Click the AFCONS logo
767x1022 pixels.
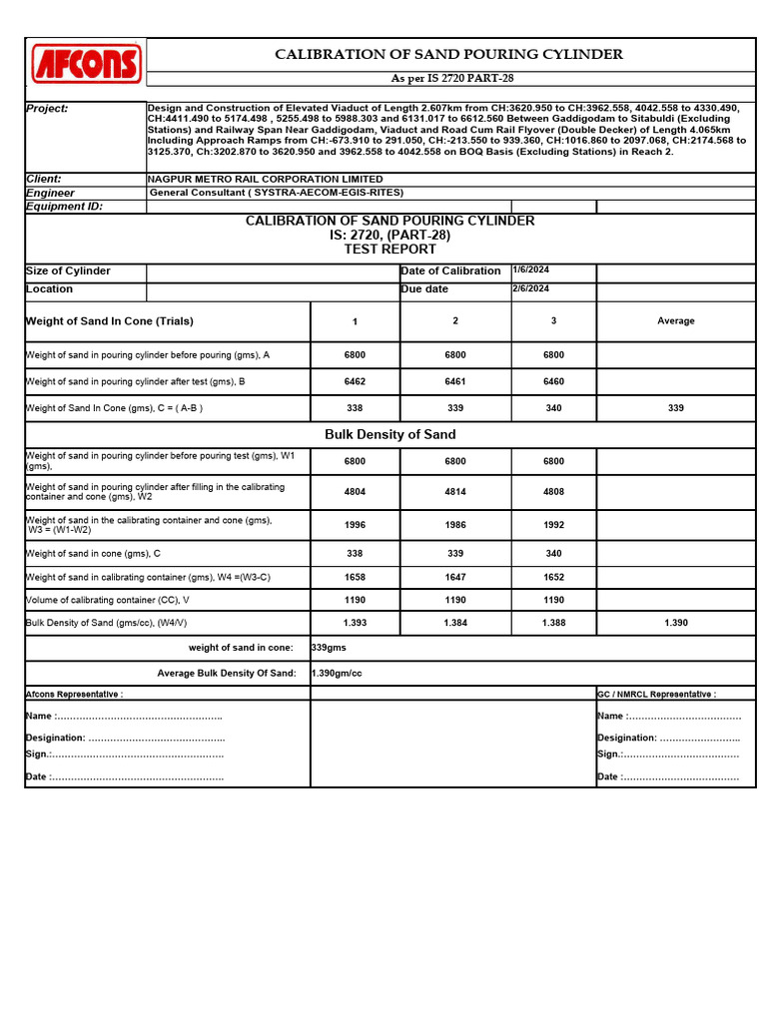(x=87, y=64)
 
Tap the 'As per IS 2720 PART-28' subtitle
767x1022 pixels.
(x=451, y=78)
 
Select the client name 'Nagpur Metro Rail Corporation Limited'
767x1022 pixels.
(x=265, y=179)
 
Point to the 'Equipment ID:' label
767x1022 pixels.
(x=64, y=207)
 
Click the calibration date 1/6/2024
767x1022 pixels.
(x=531, y=270)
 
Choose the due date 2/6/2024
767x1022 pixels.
(x=531, y=288)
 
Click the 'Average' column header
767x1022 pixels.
(x=675, y=321)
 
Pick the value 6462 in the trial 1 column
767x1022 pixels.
(x=355, y=381)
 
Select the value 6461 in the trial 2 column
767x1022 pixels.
(x=455, y=381)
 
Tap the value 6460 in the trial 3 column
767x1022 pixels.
(x=553, y=381)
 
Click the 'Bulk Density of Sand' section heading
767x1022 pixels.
(x=389, y=434)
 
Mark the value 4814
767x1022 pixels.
(x=455, y=492)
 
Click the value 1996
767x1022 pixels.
(x=355, y=525)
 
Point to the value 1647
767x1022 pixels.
(x=455, y=577)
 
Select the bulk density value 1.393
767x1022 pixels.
(x=355, y=623)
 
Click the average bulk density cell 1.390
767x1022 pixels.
(x=675, y=623)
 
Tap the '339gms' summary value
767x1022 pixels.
(x=329, y=648)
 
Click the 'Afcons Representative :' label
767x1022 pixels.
(x=74, y=694)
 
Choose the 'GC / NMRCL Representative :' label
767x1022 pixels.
(x=656, y=694)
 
